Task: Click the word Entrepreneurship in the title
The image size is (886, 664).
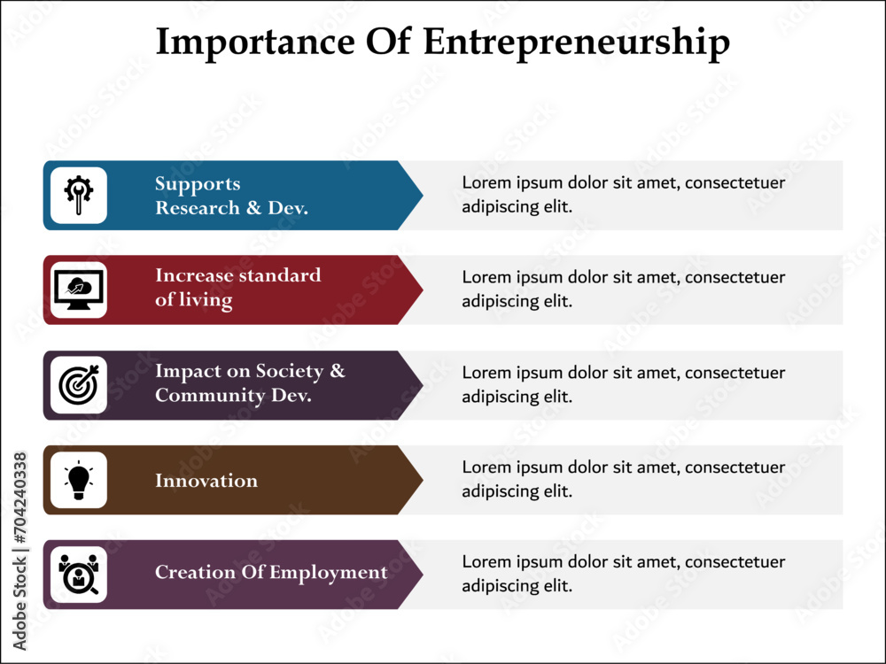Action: coord(577,42)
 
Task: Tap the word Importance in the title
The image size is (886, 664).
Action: coord(255,42)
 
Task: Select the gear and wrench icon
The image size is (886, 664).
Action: coord(79,196)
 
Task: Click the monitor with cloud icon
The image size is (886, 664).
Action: coord(79,290)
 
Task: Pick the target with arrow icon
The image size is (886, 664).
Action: coord(79,384)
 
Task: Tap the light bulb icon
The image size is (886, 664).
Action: coord(79,480)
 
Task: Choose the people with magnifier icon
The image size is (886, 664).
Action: coord(79,575)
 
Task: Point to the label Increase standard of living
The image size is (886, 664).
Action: coord(237,288)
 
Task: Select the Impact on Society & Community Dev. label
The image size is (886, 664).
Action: coord(250,382)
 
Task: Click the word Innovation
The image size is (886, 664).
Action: coord(206,481)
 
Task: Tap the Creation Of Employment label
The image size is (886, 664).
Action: coord(271,573)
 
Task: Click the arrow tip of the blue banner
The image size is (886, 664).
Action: coord(423,196)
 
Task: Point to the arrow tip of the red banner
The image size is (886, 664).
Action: coord(423,290)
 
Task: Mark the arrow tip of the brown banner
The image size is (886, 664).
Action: coord(423,480)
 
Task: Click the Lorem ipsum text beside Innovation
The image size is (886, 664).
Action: coord(623,479)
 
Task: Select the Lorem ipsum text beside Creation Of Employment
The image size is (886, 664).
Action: coord(623,574)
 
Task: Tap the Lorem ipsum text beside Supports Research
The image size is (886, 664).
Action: coord(623,194)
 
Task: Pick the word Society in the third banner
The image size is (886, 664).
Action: coord(290,372)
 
